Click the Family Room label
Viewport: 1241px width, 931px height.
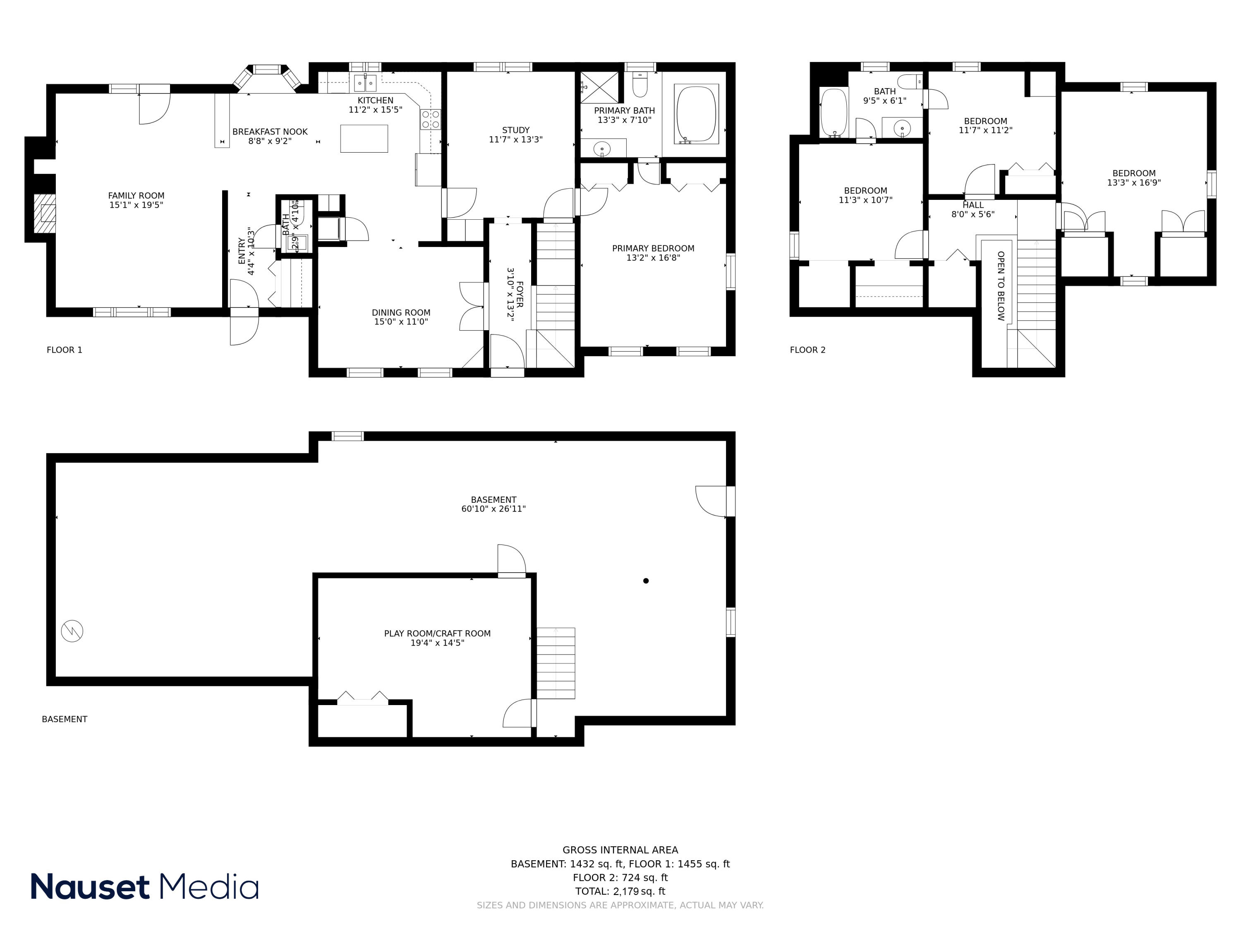point(137,196)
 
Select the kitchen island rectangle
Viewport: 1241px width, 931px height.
point(364,138)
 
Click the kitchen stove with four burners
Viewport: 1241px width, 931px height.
point(430,120)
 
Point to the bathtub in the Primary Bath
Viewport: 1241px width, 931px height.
point(696,114)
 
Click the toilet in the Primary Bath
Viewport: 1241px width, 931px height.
point(640,85)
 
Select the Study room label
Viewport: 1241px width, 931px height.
point(515,130)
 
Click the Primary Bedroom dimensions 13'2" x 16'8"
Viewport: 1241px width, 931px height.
point(653,258)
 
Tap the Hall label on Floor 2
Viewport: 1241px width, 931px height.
point(973,205)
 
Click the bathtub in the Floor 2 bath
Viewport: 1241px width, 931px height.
point(833,112)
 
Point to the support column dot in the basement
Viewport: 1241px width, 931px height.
point(646,581)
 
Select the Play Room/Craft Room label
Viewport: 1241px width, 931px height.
point(437,633)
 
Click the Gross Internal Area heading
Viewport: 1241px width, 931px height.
point(620,850)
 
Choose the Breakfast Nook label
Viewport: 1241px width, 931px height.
point(270,132)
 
